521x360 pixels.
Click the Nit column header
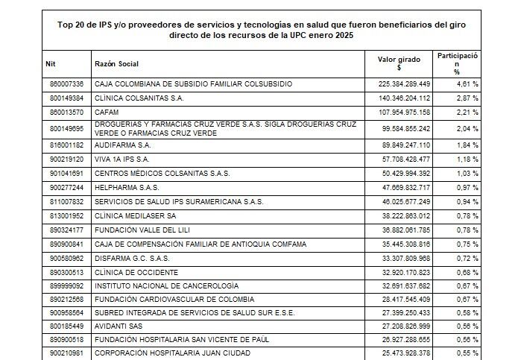51,63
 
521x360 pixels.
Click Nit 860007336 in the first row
66,83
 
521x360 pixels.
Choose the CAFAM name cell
107,112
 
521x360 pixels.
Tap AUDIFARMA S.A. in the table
123,145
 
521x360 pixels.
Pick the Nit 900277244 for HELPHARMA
66,187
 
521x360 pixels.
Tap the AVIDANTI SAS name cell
119,326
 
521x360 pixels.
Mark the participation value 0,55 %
467,354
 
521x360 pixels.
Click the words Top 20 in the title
71,24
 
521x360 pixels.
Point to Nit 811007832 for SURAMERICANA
66,201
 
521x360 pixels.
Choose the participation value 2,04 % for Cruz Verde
467,128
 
